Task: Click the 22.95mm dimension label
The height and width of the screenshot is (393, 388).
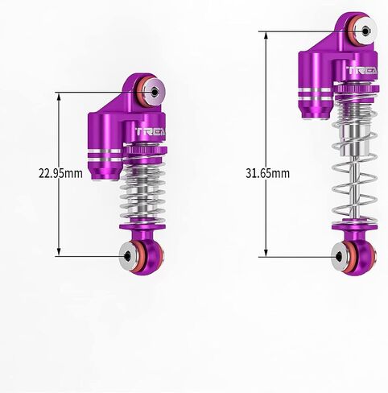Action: click(x=60, y=173)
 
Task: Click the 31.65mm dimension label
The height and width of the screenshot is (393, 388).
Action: click(x=267, y=173)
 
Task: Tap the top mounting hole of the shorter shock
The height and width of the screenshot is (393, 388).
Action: click(x=155, y=92)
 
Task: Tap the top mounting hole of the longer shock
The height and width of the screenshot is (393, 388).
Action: click(x=365, y=31)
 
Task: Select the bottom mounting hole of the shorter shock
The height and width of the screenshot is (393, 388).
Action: click(x=128, y=256)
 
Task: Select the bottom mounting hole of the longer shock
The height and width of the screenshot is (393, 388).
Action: click(x=339, y=257)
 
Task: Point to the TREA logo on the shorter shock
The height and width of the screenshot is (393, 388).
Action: click(x=151, y=131)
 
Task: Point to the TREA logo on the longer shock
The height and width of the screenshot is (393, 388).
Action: click(x=362, y=70)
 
